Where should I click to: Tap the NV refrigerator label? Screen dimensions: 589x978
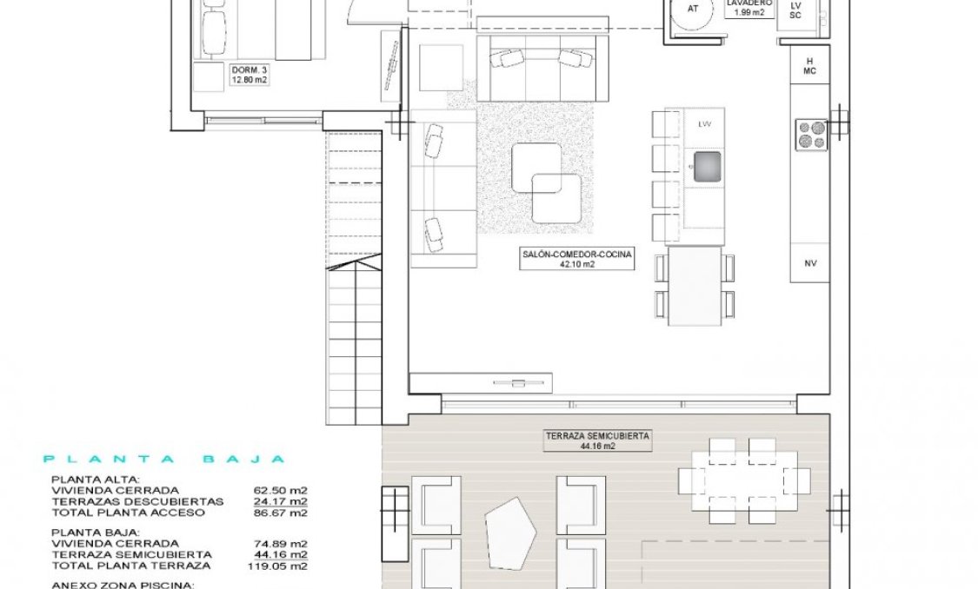coord(810,262)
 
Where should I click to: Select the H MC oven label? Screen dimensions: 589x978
coord(809,66)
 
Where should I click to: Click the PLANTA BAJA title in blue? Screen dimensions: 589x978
coord(164,460)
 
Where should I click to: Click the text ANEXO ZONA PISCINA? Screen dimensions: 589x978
coord(122,585)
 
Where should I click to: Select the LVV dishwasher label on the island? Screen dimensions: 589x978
coord(704,124)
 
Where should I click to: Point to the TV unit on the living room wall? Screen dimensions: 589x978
coord(480,382)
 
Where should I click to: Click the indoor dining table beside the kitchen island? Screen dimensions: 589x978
coord(695,285)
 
